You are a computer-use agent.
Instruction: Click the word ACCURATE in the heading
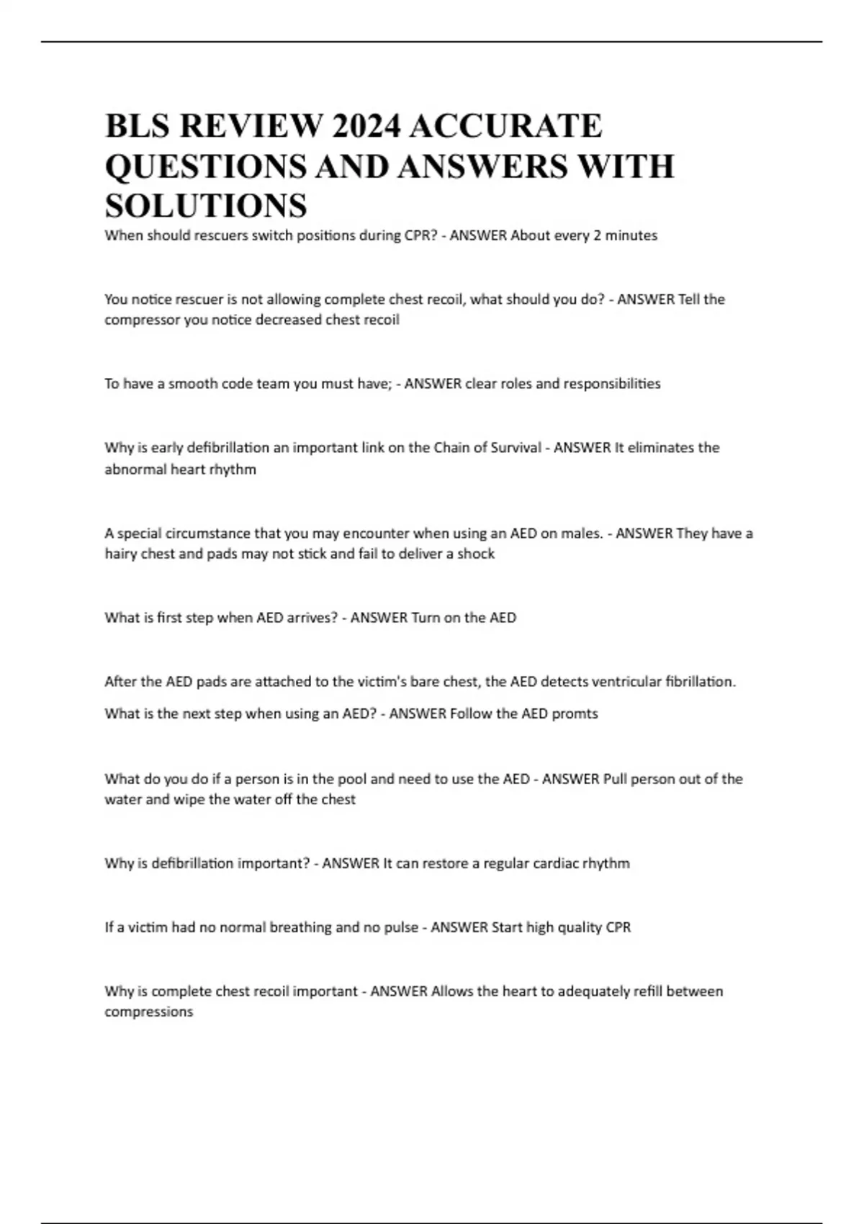(505, 127)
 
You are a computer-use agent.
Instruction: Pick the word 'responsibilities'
(611, 384)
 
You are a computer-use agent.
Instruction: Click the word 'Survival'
(515, 448)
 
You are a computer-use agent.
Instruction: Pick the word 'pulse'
(401, 927)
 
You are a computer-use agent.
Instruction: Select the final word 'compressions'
(148, 1012)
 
